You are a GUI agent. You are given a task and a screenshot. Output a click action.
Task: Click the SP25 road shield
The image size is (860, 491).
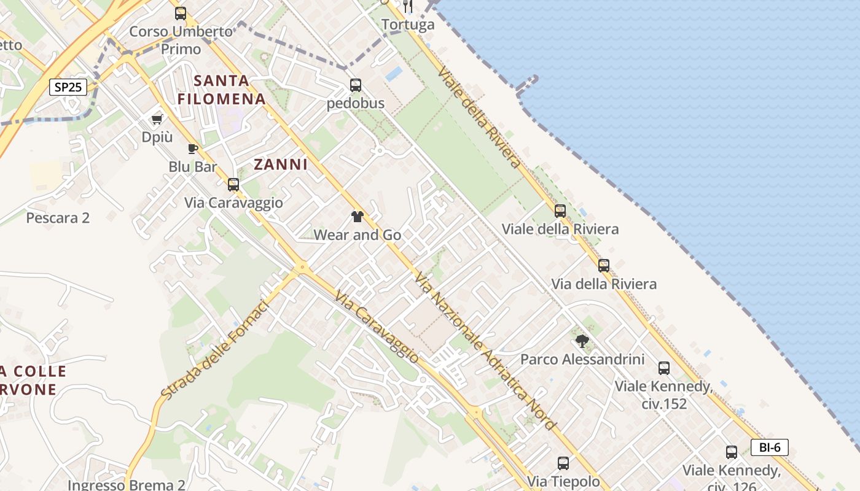68,87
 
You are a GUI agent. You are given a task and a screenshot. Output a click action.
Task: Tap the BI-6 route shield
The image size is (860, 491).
769,447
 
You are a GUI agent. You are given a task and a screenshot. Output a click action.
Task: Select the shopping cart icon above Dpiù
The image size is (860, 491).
157,119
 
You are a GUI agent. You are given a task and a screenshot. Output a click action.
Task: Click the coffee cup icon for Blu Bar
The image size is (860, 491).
193,149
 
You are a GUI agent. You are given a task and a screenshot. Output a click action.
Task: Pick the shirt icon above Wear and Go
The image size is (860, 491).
357,216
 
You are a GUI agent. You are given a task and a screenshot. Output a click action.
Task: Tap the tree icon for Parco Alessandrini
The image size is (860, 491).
582,341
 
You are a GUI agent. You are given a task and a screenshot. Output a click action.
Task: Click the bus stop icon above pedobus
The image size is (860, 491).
356,85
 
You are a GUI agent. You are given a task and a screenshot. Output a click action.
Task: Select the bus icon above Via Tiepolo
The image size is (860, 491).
563,463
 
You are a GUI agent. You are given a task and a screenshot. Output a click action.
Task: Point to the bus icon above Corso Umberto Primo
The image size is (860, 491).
181,13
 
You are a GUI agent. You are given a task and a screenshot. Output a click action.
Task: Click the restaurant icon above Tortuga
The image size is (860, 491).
408,6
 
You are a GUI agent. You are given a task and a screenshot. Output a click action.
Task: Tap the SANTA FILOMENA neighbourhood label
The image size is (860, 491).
222,90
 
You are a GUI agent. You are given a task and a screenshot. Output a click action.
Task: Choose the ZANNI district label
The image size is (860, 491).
281,164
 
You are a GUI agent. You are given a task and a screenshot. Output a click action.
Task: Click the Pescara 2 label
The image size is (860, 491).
58,218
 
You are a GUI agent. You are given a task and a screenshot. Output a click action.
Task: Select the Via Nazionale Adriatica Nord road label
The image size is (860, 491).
485,351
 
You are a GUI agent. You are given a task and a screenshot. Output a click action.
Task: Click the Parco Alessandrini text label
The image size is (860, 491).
582,359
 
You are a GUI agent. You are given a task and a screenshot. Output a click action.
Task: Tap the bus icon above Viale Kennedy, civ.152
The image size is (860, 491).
664,368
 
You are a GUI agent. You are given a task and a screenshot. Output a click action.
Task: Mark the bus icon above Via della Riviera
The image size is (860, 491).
604,266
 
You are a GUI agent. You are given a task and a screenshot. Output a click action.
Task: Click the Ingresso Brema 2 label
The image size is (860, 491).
127,484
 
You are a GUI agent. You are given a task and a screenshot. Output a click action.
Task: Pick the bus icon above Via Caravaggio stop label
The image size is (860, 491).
233,184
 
